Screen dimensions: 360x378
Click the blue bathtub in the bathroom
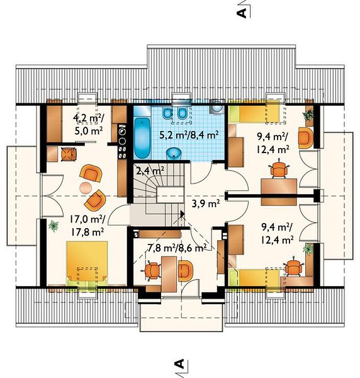click(x=142, y=138)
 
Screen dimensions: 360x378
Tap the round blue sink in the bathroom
click(x=173, y=154)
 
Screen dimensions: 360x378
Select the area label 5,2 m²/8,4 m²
click(x=189, y=135)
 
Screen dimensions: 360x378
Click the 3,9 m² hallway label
click(x=205, y=204)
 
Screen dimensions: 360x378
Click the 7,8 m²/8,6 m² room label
click(x=177, y=248)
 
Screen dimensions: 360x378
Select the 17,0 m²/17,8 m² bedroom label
click(x=87, y=226)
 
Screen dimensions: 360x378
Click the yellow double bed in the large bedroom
click(x=87, y=263)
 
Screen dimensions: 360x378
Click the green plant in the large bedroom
click(x=53, y=226)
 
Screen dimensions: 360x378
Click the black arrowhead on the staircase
click(x=183, y=214)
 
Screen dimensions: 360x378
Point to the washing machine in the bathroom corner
click(x=217, y=106)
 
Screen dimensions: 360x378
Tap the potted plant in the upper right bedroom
click(x=308, y=115)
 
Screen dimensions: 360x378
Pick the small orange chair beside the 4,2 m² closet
click(x=69, y=154)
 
